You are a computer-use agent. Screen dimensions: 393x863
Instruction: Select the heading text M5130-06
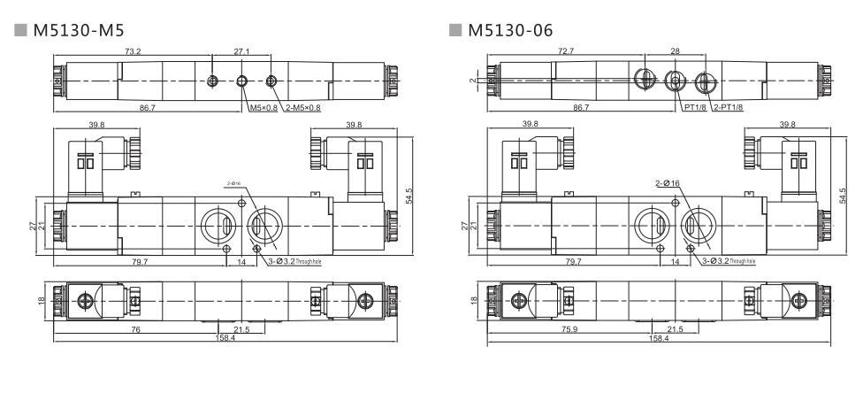pos(510,31)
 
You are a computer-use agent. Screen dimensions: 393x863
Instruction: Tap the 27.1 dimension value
pos(241,52)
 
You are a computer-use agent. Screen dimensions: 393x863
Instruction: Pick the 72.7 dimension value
pos(562,52)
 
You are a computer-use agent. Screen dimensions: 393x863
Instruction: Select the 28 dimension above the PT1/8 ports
pos(676,52)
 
